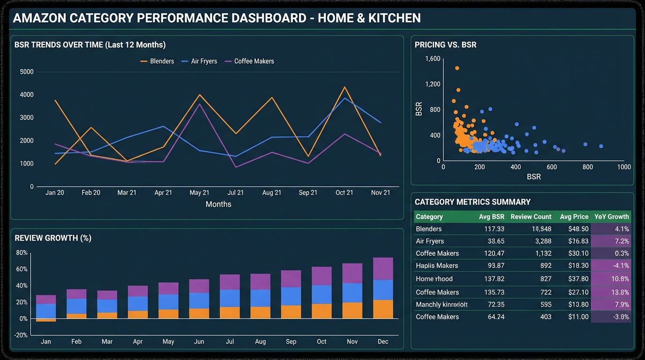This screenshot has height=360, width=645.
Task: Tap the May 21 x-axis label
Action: point(199,193)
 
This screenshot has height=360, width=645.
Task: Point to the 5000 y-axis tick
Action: point(27,72)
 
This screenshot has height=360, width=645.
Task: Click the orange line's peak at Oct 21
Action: point(345,87)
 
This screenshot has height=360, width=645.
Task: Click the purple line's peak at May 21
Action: point(200,104)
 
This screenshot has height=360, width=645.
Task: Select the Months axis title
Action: point(218,204)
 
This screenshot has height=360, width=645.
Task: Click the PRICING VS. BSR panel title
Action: point(445,45)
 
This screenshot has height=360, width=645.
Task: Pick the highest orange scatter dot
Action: point(457,68)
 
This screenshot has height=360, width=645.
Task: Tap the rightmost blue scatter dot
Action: point(601,146)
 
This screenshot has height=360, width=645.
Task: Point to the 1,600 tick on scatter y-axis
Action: point(432,59)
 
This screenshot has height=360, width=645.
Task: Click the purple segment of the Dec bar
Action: point(383,269)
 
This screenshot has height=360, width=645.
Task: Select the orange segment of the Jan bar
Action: point(46,320)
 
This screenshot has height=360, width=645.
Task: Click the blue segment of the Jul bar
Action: point(230,298)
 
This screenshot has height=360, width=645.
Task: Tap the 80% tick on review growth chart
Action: point(22,253)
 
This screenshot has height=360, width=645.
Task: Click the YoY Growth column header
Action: point(611,217)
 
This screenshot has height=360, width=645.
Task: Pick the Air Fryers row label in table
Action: point(430,241)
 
